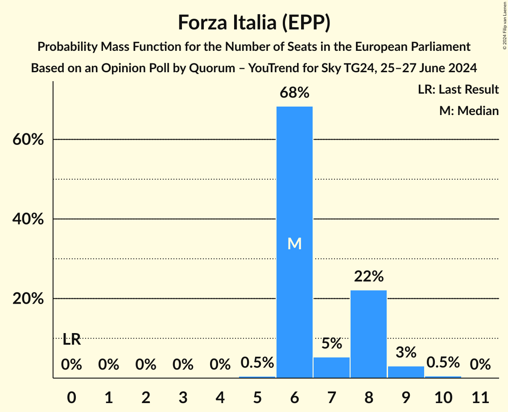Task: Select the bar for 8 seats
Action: point(368,334)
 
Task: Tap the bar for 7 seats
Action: point(331,367)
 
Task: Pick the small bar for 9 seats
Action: point(406,372)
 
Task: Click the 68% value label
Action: point(294,93)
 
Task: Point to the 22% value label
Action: point(368,276)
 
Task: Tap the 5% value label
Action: point(331,343)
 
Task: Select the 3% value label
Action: point(406,352)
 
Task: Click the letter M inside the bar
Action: point(294,243)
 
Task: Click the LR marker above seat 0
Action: point(71,340)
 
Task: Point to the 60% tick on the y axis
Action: point(28,140)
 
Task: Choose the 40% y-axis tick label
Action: point(28,219)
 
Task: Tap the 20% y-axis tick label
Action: point(28,299)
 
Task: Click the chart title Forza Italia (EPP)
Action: point(254,22)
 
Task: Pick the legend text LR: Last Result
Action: point(458,90)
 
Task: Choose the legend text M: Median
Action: point(469,111)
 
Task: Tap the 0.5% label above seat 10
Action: point(443,363)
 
